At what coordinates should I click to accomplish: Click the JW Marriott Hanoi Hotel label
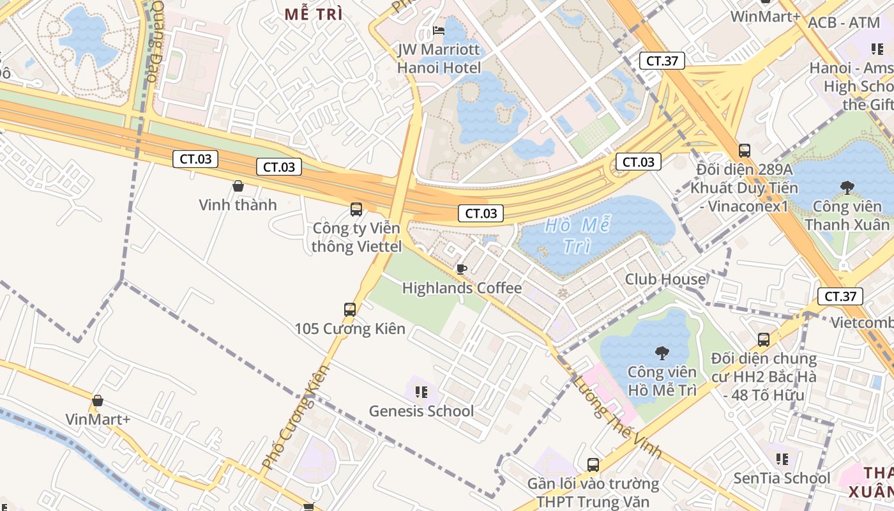click(x=438, y=58)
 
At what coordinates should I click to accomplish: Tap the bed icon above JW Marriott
click(x=438, y=30)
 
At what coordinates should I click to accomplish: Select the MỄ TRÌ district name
click(x=314, y=14)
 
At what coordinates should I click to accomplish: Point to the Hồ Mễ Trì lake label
click(x=577, y=235)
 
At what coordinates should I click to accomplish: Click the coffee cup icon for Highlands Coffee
click(x=461, y=269)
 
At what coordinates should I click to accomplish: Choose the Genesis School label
click(x=421, y=411)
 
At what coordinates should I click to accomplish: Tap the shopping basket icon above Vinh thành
click(x=238, y=186)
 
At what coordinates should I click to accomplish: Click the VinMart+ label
click(x=98, y=419)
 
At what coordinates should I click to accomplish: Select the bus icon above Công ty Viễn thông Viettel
click(x=356, y=209)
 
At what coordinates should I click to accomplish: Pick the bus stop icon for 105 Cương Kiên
click(x=350, y=310)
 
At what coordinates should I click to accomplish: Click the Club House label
click(x=665, y=279)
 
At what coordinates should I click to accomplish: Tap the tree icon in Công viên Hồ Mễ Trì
click(x=662, y=352)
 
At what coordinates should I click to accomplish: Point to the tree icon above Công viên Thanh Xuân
click(x=847, y=187)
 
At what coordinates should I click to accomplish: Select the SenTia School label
click(x=782, y=478)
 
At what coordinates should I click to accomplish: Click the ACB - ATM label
click(x=844, y=23)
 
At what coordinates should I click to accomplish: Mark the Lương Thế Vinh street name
click(x=617, y=416)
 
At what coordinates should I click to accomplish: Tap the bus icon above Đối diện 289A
click(x=745, y=151)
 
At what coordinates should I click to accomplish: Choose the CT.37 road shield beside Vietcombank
click(x=840, y=296)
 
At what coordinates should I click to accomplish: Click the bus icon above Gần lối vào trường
click(x=593, y=464)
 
